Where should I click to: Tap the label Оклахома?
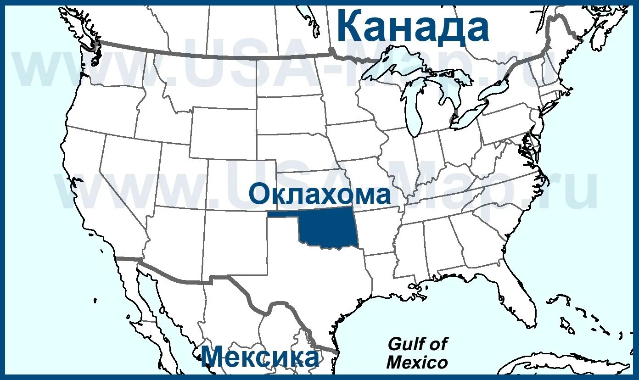(319, 195)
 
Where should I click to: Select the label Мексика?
(259, 357)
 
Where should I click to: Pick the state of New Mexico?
(234, 241)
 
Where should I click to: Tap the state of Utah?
(181, 177)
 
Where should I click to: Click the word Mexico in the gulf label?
(417, 363)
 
